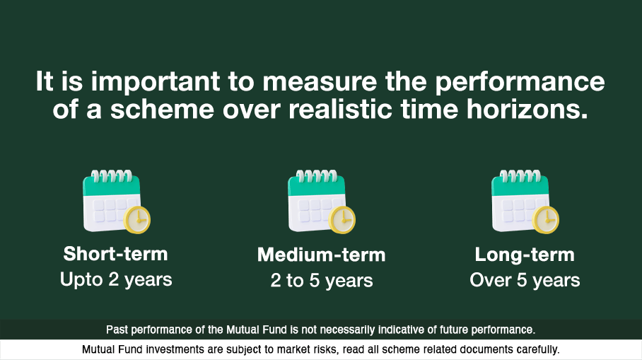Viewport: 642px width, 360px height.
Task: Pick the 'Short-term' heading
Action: (115, 254)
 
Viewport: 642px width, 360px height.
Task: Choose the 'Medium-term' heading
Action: (321, 255)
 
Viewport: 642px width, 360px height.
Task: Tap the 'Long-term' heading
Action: (525, 255)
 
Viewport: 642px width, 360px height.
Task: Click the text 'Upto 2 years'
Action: (116, 279)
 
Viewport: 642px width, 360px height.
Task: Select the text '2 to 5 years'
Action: (321, 280)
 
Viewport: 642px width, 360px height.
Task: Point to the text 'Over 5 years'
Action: (525, 280)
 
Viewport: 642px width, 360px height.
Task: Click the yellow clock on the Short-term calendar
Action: (137, 220)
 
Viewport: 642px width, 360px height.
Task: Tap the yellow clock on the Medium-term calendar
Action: (342, 220)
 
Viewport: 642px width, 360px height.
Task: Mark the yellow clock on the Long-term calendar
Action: (546, 220)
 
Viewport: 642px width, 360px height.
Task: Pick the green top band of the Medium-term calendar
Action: (316, 186)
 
